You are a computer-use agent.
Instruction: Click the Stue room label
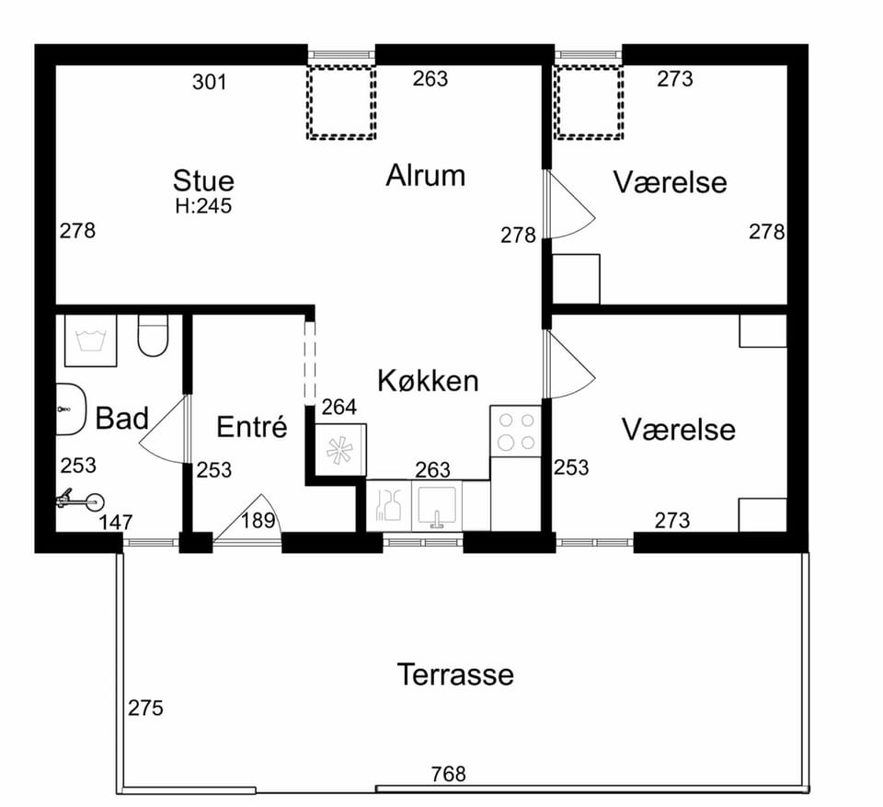coord(203,181)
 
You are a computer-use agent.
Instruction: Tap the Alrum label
coord(426,175)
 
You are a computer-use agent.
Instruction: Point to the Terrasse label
coord(455,674)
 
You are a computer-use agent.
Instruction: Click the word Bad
coord(121,418)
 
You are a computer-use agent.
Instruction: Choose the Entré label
coord(252,426)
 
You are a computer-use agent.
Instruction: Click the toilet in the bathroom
coord(154,335)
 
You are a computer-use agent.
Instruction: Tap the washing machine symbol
coord(91,340)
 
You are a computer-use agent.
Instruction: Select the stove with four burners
coord(516,432)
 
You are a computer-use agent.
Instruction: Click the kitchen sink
coord(436,505)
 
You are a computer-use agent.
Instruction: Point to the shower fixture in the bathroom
coord(80,500)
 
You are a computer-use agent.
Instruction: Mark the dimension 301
coord(210,82)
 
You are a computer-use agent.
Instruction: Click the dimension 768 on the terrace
coord(449,774)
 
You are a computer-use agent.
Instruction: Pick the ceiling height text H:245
coord(203,206)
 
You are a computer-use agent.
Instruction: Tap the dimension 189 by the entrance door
coord(258,521)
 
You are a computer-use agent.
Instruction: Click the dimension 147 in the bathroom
coord(116,523)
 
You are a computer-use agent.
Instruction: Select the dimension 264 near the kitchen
coord(339,407)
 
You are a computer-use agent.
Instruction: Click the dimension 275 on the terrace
coord(145,708)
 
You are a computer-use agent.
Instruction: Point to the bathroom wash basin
coord(71,409)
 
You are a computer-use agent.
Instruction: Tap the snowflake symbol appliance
coord(340,450)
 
